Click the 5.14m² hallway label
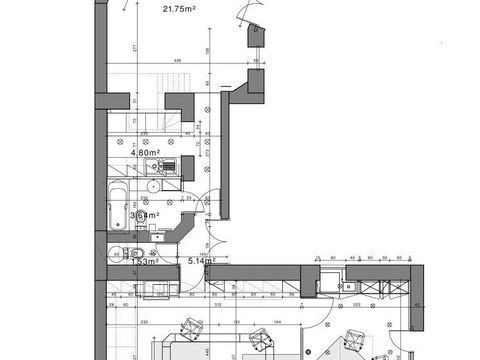point(203,262)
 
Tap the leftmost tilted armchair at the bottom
point(190,328)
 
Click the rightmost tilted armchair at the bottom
point(352,341)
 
